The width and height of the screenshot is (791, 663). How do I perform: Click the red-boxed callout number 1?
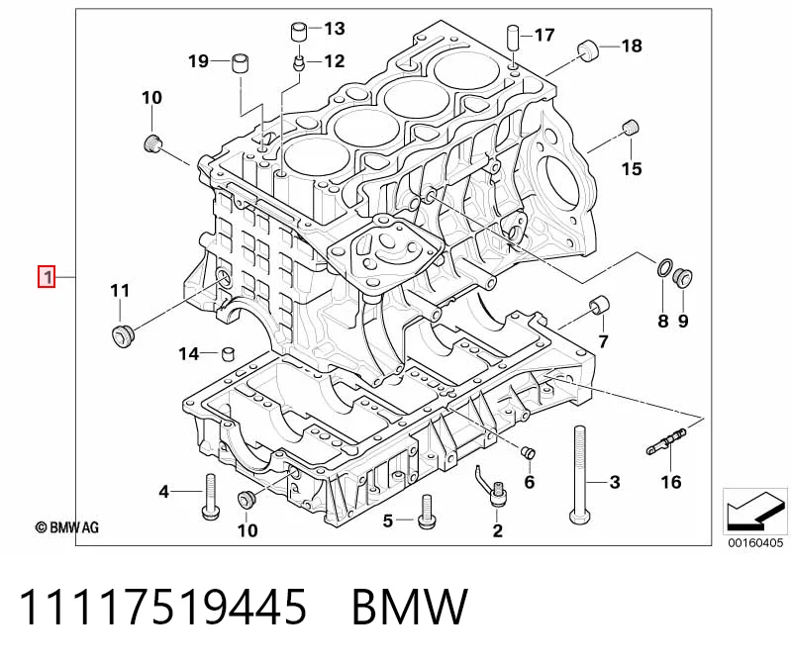click(x=47, y=277)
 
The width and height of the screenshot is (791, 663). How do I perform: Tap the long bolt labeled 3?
click(x=578, y=476)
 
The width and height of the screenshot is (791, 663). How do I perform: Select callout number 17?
click(x=544, y=35)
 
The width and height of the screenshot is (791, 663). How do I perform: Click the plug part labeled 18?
click(x=587, y=49)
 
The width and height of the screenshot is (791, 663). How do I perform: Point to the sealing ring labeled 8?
click(x=665, y=268)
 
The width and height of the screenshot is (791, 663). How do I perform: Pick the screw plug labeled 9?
click(x=683, y=275)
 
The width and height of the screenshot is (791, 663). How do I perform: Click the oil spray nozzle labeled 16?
click(x=667, y=441)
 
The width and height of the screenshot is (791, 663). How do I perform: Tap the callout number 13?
click(x=335, y=29)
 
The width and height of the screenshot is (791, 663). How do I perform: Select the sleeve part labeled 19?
click(x=241, y=62)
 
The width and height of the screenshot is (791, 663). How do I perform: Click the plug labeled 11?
click(x=123, y=336)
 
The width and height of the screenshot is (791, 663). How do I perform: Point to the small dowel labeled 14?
click(x=229, y=353)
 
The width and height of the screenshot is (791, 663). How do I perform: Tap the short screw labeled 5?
click(x=427, y=512)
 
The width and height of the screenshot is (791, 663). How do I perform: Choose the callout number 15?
click(x=632, y=168)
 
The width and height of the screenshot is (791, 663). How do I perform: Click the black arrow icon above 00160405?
click(x=755, y=512)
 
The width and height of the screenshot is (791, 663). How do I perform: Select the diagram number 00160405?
click(x=755, y=542)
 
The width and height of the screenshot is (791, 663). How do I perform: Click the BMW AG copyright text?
click(x=66, y=527)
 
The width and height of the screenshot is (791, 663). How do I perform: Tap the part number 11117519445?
click(x=162, y=607)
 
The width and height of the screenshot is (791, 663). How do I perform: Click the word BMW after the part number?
click(x=410, y=607)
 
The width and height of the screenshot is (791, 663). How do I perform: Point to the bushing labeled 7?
click(x=599, y=306)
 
